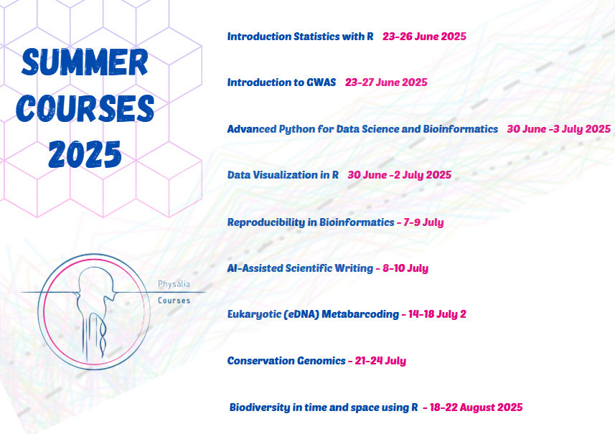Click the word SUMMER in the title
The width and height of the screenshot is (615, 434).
pyautogui.click(x=85, y=62)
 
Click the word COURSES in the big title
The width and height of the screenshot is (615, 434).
pyautogui.click(x=85, y=108)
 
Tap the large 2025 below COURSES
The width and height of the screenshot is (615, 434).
pyautogui.click(x=85, y=154)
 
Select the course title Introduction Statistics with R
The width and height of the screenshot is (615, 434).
pyautogui.click(x=301, y=37)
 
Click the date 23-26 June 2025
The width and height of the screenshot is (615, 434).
pyautogui.click(x=424, y=37)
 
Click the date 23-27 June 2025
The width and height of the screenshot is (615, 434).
pyautogui.click(x=386, y=82)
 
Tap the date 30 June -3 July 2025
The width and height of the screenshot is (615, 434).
pyautogui.click(x=559, y=129)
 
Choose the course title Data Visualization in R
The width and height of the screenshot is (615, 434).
pyautogui.click(x=283, y=175)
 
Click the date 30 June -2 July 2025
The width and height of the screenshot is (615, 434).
pyautogui.click(x=400, y=175)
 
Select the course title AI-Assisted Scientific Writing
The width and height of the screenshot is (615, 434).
pyautogui.click(x=300, y=268)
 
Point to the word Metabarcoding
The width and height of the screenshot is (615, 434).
pyautogui.click(x=360, y=314)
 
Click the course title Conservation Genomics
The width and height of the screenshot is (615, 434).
pyautogui.click(x=286, y=361)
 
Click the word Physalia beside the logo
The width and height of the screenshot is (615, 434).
pyautogui.click(x=174, y=284)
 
